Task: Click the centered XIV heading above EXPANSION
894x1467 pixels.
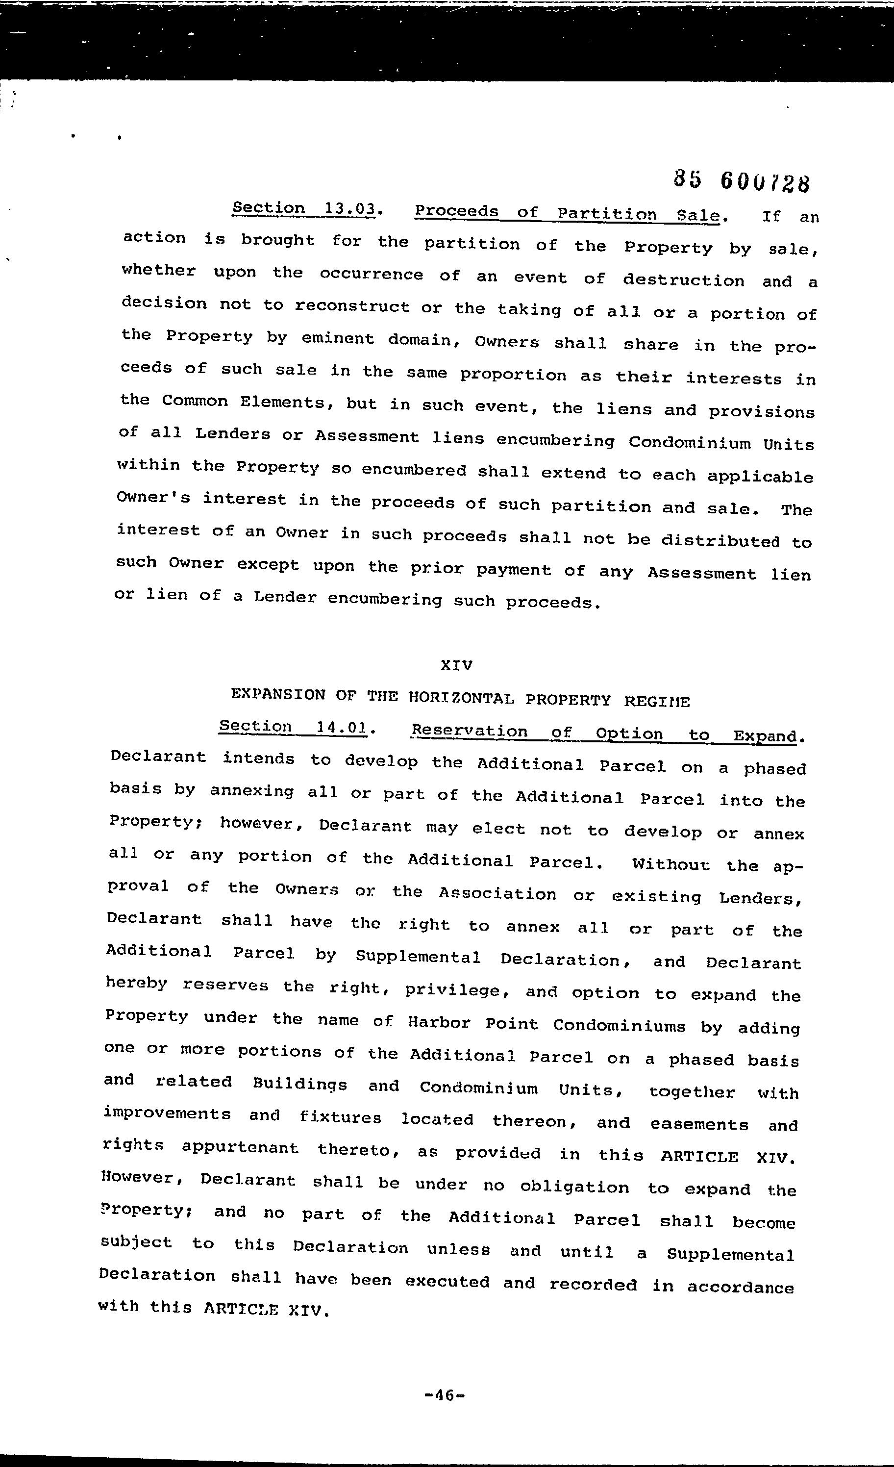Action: click(456, 665)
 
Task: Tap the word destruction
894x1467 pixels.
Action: click(683, 280)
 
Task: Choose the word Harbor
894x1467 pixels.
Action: click(439, 1023)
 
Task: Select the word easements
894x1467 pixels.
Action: click(699, 1124)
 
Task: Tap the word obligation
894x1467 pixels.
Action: click(574, 1187)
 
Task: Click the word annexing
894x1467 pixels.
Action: click(252, 791)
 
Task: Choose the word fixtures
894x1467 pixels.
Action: click(341, 1117)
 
